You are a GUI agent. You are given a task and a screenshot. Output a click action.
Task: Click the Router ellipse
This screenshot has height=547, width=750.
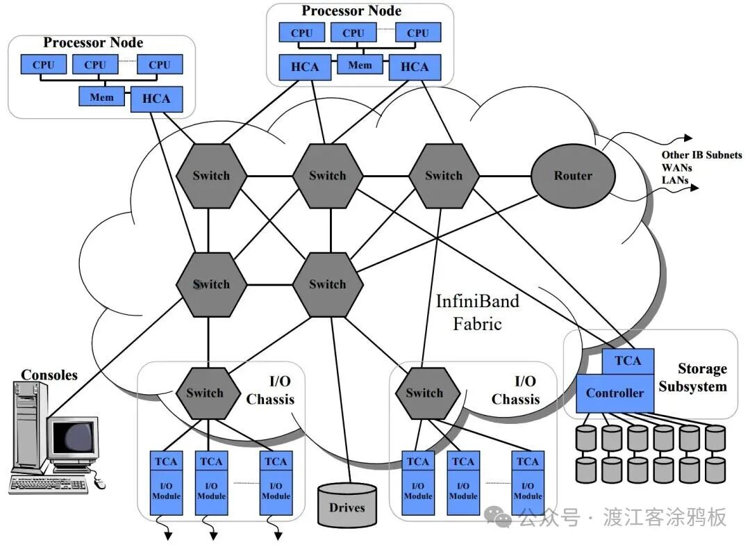coord(573,175)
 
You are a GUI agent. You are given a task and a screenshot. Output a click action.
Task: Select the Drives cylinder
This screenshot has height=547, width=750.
coord(347,505)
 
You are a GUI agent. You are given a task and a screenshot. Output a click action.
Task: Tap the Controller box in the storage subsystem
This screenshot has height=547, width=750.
coord(615,393)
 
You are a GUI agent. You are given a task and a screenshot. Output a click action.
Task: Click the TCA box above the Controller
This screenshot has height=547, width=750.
coord(627,360)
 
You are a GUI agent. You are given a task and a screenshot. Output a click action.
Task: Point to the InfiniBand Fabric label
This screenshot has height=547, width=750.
coord(477,312)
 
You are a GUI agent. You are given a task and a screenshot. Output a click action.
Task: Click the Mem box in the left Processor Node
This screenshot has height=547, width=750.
coord(101,97)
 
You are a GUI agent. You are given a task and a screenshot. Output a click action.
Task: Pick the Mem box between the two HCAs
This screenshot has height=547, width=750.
coord(360,65)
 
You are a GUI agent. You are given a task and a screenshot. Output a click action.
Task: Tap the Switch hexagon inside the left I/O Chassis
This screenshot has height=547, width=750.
coord(205,393)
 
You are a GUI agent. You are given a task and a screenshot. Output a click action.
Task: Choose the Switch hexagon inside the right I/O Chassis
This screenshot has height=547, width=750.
coord(424,393)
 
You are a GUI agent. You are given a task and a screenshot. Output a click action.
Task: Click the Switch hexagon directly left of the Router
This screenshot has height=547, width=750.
coord(443,175)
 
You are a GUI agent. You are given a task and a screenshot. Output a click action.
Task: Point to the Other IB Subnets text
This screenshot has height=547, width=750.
coord(701,155)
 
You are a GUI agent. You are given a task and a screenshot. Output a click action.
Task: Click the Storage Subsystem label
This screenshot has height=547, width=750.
coord(692,377)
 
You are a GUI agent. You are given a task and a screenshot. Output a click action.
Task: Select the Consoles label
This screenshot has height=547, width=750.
coord(49,375)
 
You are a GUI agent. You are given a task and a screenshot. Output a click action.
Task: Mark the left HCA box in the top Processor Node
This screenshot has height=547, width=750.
coord(305,67)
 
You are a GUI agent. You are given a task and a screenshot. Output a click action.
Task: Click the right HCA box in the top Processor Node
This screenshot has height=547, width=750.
coord(415,67)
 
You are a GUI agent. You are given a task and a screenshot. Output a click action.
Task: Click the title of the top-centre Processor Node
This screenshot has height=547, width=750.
coord(351,11)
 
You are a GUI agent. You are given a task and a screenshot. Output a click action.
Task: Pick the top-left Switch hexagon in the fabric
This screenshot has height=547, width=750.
coord(210,175)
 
